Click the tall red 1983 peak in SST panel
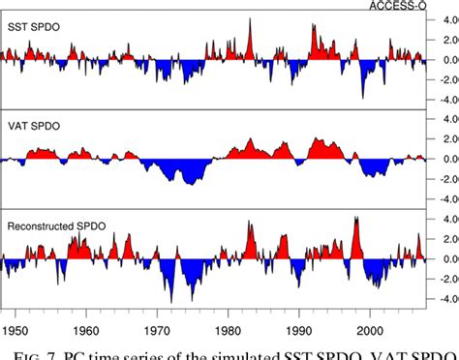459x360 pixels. pos(250,24)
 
